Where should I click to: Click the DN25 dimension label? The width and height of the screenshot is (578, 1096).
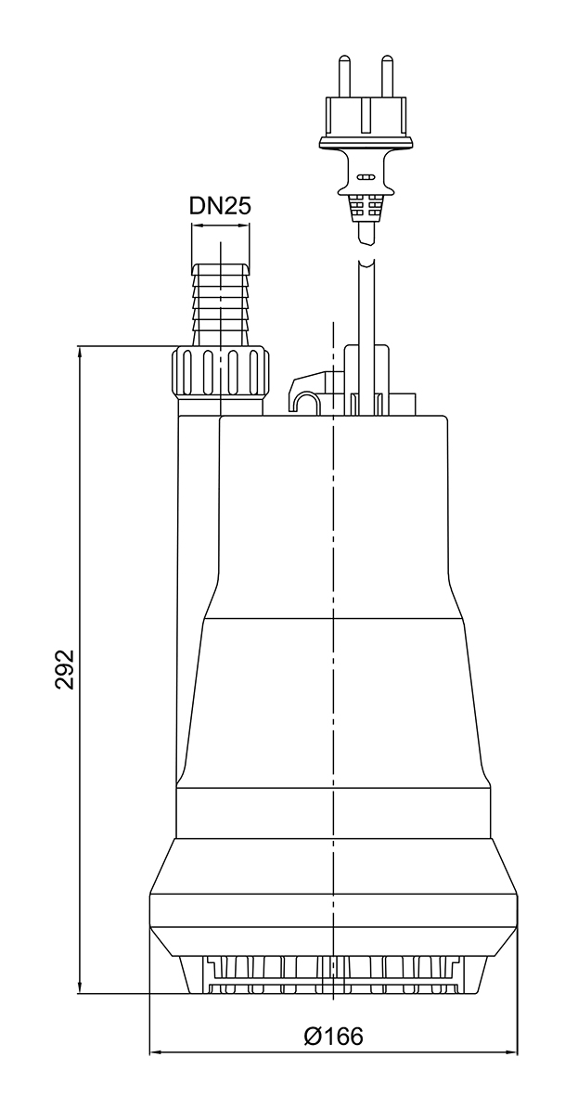tap(221, 206)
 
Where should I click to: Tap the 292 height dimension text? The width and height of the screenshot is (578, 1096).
tap(63, 669)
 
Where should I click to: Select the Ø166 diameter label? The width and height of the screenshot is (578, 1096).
tap(334, 1037)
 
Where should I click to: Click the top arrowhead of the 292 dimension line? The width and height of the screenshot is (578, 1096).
tap(81, 354)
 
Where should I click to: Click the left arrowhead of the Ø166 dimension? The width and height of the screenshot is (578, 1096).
tap(156, 1053)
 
